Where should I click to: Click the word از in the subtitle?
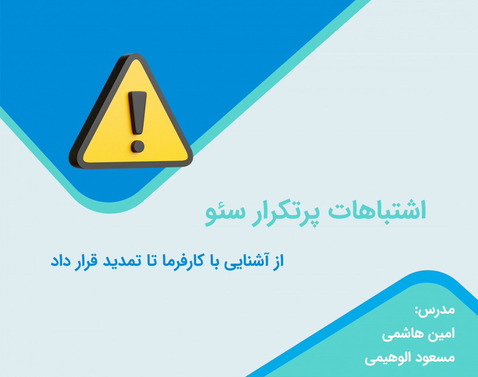pos(276,262)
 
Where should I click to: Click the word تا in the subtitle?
pos(149,262)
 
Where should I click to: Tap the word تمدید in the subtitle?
pos(120,262)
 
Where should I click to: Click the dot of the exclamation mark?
pos(137,146)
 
